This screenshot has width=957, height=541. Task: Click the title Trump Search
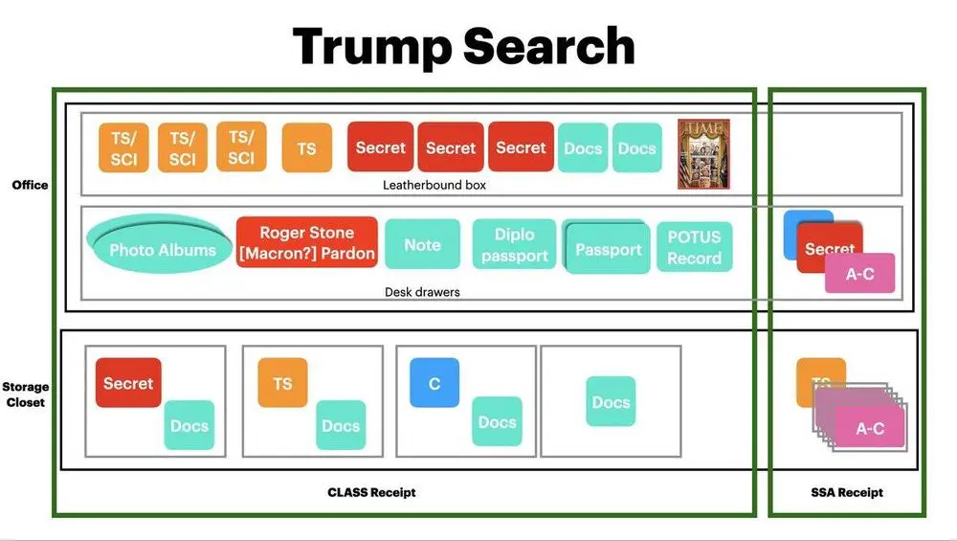click(x=464, y=47)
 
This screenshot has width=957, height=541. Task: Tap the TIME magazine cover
click(x=703, y=154)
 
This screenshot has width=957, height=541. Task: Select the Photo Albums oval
click(x=159, y=243)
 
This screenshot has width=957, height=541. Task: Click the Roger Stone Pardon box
click(x=307, y=242)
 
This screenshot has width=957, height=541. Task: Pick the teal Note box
click(x=422, y=244)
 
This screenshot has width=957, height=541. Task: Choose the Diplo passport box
click(x=515, y=244)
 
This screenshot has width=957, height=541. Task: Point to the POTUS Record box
click(x=695, y=247)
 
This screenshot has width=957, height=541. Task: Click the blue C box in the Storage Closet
click(x=434, y=383)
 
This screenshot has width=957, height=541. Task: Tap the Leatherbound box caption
click(x=434, y=185)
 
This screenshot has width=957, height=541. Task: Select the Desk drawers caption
click(x=422, y=292)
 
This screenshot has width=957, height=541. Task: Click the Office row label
click(x=30, y=185)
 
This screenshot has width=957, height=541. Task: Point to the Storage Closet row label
click(x=26, y=394)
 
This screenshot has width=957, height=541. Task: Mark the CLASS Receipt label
click(x=371, y=492)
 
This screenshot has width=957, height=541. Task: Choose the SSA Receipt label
click(x=847, y=492)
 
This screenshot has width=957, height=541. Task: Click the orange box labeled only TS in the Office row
click(x=307, y=147)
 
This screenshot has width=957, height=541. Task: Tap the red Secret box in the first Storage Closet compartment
click(x=128, y=383)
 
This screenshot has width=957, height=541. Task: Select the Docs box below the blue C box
click(x=497, y=421)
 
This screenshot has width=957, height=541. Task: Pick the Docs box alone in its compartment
click(x=611, y=401)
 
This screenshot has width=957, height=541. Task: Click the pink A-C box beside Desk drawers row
click(x=860, y=274)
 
